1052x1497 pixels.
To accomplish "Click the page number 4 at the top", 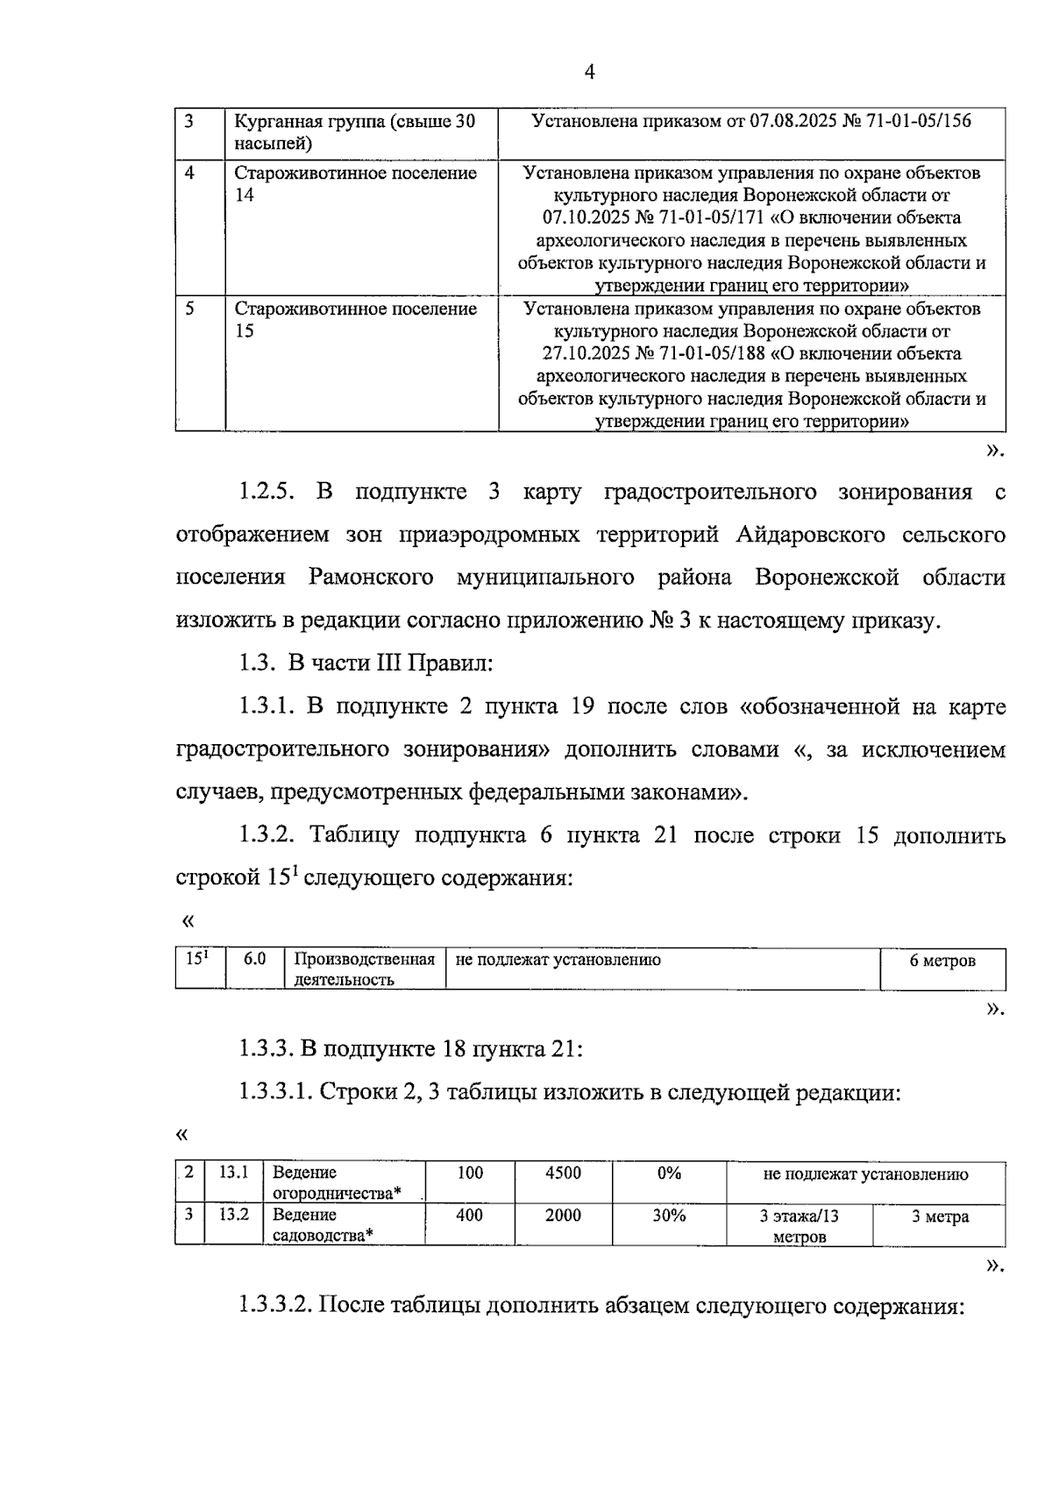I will [x=589, y=73].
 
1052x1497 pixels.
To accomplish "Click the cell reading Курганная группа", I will [x=354, y=131].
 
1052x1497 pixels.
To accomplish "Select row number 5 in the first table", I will [x=190, y=309].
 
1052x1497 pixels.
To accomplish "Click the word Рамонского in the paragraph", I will [x=371, y=578].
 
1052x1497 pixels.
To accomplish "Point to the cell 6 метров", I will [x=942, y=961].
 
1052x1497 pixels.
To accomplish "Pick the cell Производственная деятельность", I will [x=364, y=969].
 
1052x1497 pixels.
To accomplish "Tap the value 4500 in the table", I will [x=563, y=1173].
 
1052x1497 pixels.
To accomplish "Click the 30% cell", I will [x=669, y=1215].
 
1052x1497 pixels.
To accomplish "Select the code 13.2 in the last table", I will [x=234, y=1215].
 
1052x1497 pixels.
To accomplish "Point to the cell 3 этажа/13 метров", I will [x=799, y=1226].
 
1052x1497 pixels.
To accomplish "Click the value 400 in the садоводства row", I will [x=470, y=1215].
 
